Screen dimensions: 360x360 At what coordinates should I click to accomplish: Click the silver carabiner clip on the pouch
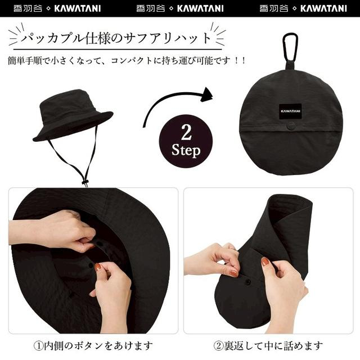[x=290, y=46]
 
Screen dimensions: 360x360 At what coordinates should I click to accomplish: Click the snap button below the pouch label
[x=291, y=127]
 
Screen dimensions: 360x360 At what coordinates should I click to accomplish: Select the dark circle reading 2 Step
[x=186, y=141]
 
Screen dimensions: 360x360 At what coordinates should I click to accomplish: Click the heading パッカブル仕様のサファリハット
[x=116, y=39]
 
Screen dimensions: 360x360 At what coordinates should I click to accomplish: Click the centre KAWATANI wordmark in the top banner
[x=200, y=8]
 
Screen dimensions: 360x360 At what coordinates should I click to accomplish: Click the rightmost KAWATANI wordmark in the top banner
[x=323, y=8]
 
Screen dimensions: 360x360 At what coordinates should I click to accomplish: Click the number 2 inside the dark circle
[x=186, y=133]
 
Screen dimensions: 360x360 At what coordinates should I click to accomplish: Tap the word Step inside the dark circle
[x=186, y=151]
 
